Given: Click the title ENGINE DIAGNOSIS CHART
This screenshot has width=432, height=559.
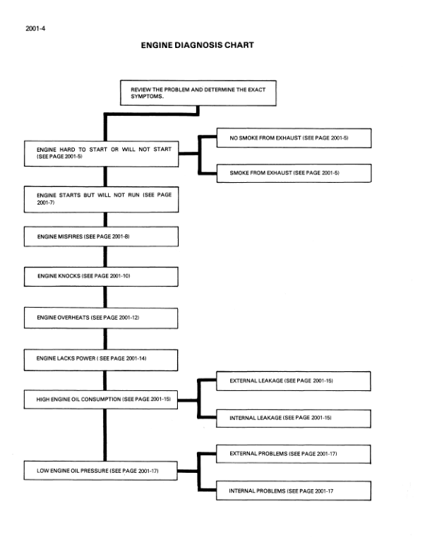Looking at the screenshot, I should click(x=197, y=45).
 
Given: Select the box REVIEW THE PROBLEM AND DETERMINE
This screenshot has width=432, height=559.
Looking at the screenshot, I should click(x=197, y=93).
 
